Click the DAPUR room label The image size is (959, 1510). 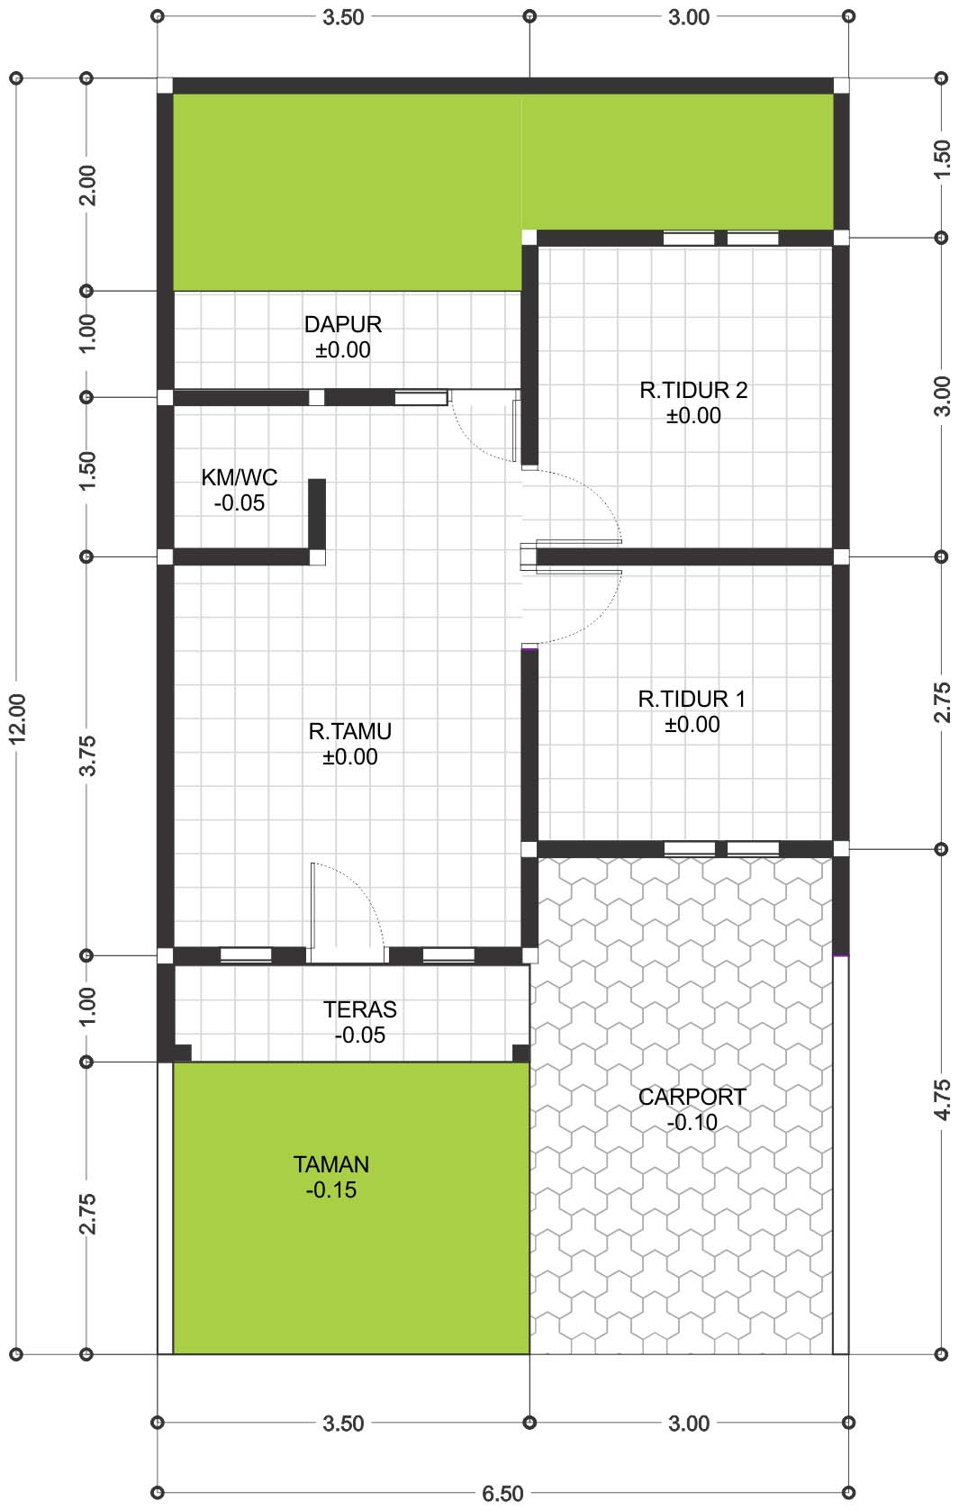click(x=343, y=324)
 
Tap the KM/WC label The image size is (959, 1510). click(x=240, y=477)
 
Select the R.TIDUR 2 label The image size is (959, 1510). click(x=693, y=390)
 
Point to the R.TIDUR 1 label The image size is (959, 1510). click(x=692, y=699)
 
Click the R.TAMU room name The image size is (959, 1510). click(x=349, y=731)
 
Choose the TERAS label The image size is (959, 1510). click(x=360, y=1009)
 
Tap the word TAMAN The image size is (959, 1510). click(x=330, y=1164)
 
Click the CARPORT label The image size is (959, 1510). click(x=692, y=1097)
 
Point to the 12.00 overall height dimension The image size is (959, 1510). click(x=17, y=719)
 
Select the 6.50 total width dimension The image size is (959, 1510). click(x=502, y=1494)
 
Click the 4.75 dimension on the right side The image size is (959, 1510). click(x=943, y=1099)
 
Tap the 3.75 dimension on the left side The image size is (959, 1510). click(x=87, y=755)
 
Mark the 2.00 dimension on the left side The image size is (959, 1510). click(x=87, y=185)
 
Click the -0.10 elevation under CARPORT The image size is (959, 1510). click(x=692, y=1123)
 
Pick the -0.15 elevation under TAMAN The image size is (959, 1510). click(x=330, y=1189)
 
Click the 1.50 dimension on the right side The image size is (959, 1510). click(x=943, y=158)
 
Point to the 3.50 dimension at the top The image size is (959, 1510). click(x=343, y=17)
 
